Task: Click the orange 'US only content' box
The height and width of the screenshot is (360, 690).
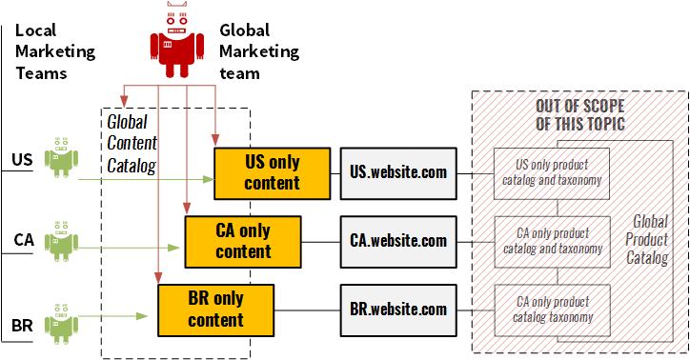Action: click(272, 171)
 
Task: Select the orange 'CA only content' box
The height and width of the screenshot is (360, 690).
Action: click(243, 241)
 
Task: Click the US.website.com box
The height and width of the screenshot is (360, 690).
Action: click(397, 172)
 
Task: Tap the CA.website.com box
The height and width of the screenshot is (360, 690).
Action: click(397, 241)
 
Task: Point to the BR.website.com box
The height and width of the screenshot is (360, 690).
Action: click(397, 310)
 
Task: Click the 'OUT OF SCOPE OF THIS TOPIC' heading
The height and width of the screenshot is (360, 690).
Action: click(579, 114)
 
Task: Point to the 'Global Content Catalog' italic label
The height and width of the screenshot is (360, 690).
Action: click(132, 144)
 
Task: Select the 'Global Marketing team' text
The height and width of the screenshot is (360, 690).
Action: click(258, 51)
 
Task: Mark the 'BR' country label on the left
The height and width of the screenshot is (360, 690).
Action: click(22, 327)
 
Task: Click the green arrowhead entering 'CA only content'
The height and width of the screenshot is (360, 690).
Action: click(175, 248)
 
